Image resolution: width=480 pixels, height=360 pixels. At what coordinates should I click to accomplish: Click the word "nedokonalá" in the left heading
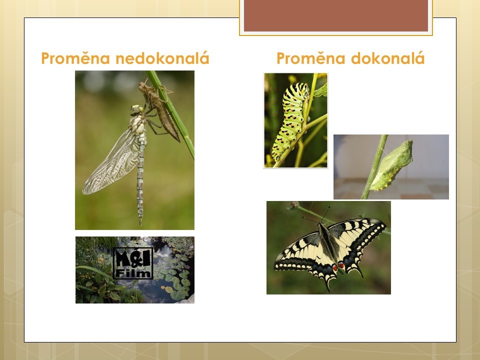(162, 58)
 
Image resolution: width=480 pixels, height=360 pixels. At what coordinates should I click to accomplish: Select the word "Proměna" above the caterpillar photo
(310, 58)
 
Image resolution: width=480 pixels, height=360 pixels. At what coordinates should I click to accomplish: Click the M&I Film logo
(133, 263)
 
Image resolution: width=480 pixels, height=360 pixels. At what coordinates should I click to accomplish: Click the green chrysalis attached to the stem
(392, 165)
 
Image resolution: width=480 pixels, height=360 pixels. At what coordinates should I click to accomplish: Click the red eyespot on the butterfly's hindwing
(341, 264)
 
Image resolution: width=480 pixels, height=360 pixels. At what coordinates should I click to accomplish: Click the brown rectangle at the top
(336, 15)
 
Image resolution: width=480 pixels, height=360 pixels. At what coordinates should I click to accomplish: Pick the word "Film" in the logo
(133, 273)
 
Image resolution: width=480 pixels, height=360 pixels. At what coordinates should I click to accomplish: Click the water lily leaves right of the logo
(174, 275)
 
